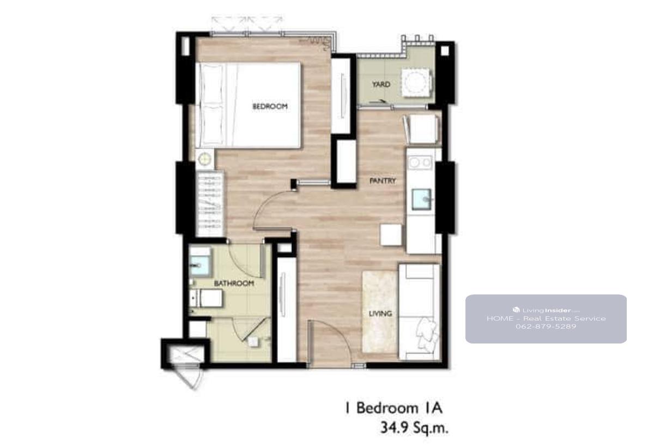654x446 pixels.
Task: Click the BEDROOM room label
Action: (x=270, y=106)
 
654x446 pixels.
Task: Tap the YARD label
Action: (x=381, y=85)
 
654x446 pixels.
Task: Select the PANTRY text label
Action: (x=383, y=181)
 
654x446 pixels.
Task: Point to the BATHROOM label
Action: (x=234, y=284)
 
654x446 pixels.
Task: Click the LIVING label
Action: (x=380, y=314)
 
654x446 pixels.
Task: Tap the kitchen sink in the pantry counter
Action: (x=421, y=200)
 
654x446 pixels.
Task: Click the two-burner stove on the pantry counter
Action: (x=420, y=162)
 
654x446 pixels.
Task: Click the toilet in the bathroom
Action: (x=206, y=298)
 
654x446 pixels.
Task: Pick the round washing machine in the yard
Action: (x=416, y=82)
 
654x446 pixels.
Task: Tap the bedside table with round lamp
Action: (x=205, y=159)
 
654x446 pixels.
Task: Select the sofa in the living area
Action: (x=419, y=312)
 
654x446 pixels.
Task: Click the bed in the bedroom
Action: (x=248, y=105)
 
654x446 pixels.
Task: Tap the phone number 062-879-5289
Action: (x=546, y=326)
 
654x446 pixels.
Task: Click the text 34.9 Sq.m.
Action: (x=414, y=428)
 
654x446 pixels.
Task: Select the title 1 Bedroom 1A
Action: (x=393, y=408)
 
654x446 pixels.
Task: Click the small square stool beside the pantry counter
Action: (x=391, y=235)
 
